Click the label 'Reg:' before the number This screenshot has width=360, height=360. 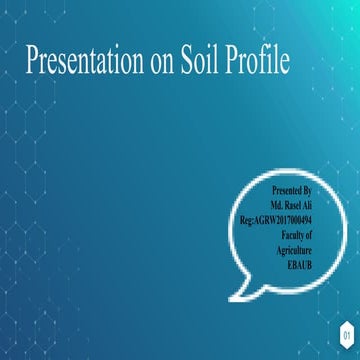(246, 217)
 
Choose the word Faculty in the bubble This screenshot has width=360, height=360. (292, 231)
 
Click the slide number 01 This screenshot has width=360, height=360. (345, 333)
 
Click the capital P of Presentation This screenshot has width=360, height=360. (31, 61)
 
